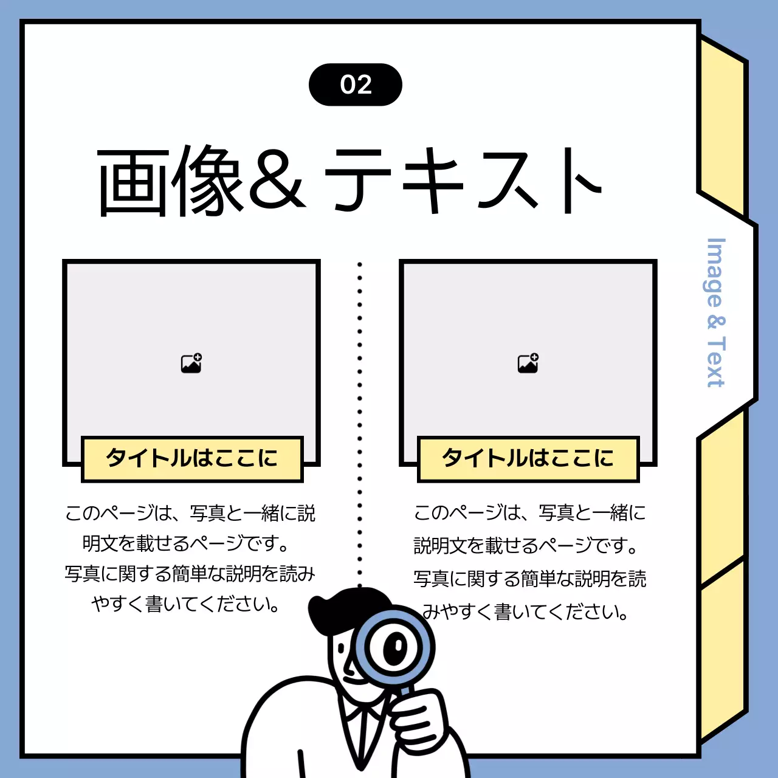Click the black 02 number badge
[x=356, y=84]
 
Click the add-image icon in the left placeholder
[x=191, y=363]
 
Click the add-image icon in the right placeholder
[x=528, y=363]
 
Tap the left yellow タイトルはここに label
[x=192, y=458]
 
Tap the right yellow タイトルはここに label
[x=528, y=458]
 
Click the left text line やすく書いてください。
[x=186, y=604]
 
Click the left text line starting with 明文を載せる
[x=186, y=543]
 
